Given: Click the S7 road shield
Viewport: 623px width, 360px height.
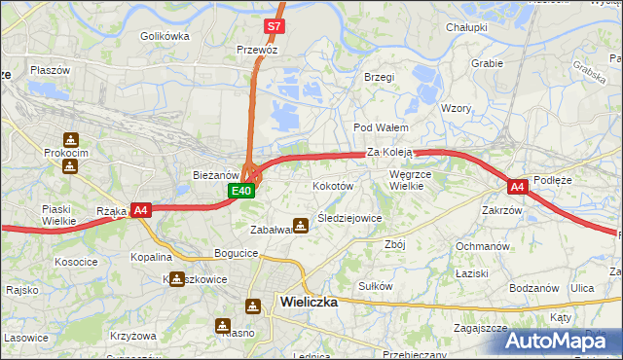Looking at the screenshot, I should tap(275, 26).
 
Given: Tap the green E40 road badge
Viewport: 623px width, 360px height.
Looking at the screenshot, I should tap(242, 192).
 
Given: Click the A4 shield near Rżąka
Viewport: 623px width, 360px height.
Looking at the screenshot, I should tap(140, 209).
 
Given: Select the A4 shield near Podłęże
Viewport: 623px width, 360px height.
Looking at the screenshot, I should tap(518, 186).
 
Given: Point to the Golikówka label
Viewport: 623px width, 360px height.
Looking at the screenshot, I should tap(164, 36).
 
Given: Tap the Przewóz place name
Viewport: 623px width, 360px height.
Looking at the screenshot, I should tap(257, 49).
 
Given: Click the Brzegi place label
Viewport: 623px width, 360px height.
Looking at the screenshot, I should tap(379, 77).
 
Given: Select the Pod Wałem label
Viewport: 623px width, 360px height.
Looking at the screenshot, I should tap(381, 127).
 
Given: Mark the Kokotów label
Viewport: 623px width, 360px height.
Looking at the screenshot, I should tap(332, 185).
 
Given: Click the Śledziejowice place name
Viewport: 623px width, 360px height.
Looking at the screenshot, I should tap(348, 218).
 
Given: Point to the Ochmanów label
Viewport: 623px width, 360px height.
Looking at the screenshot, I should tap(483, 246).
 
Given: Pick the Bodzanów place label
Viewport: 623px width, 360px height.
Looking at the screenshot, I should tap(533, 288).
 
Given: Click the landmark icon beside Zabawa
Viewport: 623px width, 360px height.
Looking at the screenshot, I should tap(301, 225).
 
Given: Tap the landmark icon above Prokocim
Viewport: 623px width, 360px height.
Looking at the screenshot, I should tap(69, 140).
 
